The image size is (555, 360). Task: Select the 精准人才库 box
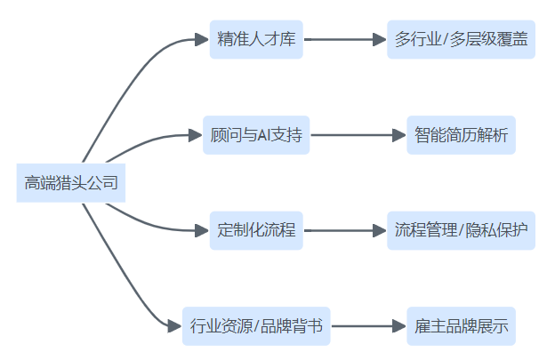click(x=256, y=40)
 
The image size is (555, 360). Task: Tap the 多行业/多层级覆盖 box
click(x=462, y=40)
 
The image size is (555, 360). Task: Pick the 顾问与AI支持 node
click(x=256, y=136)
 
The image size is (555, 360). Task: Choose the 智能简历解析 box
click(x=462, y=136)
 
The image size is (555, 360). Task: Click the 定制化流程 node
click(x=256, y=231)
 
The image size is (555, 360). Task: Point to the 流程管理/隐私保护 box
click(x=462, y=231)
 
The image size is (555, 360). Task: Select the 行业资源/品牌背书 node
click(x=256, y=326)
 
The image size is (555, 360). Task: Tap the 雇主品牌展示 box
click(x=462, y=326)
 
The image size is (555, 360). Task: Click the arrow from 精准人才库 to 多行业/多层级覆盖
click(x=342, y=40)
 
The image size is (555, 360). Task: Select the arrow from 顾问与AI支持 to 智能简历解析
click(x=356, y=136)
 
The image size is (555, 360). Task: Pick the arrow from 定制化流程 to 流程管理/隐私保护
click(x=342, y=231)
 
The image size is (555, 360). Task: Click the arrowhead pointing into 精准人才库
click(x=201, y=40)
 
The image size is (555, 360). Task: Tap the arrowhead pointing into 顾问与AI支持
click(x=195, y=136)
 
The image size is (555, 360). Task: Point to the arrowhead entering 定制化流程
click(x=201, y=231)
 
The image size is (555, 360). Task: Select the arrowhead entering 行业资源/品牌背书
click(x=174, y=326)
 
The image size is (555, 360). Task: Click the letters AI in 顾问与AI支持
click(x=266, y=136)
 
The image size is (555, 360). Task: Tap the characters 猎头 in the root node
click(x=70, y=184)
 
